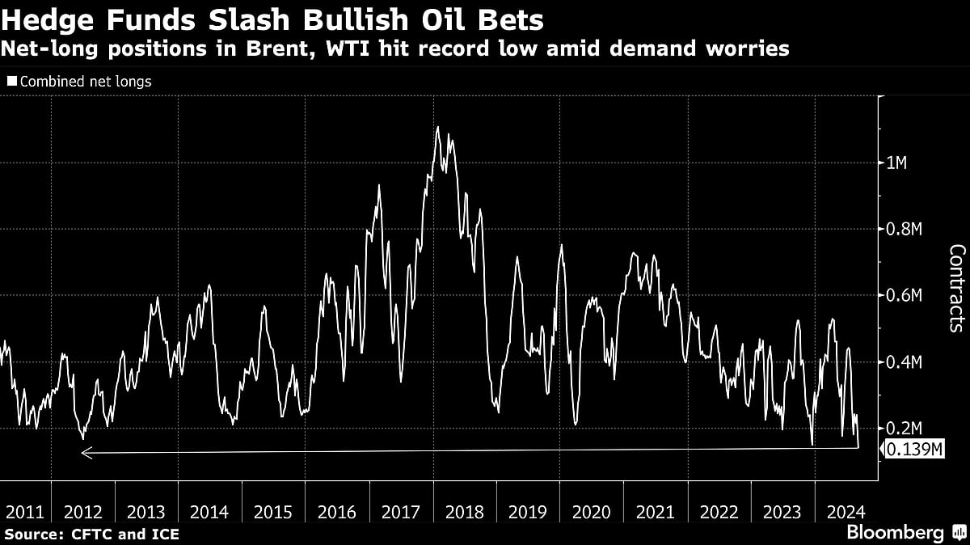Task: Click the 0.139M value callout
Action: pos(914,450)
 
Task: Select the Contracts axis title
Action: pos(955,288)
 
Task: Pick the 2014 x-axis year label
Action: pos(209,512)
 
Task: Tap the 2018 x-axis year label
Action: pos(464,512)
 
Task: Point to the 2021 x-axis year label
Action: pos(656,512)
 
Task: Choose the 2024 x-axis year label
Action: pos(846,512)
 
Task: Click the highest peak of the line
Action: pos(437,127)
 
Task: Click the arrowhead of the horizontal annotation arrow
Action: pos(86,454)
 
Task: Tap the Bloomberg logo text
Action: pos(895,533)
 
